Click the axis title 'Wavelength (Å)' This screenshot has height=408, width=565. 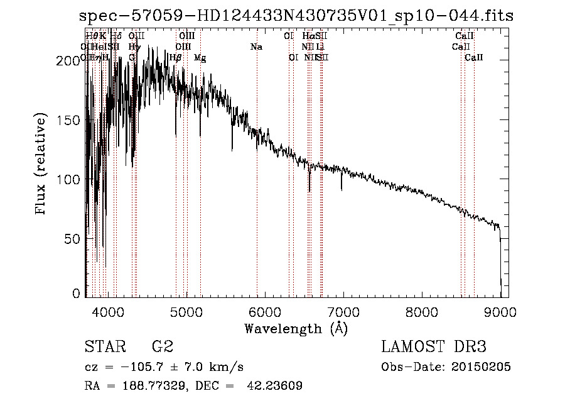296,328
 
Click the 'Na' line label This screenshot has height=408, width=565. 256,47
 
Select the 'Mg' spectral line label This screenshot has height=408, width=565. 200,58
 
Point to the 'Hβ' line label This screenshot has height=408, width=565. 176,57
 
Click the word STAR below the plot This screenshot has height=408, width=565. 104,346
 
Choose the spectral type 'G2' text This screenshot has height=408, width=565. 163,346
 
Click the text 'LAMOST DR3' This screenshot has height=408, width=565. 434,346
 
